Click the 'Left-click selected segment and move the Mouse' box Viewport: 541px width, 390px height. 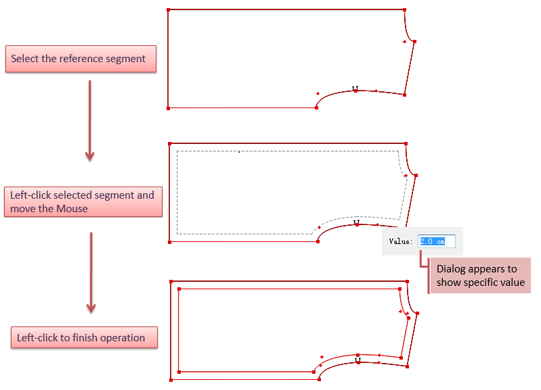point(83,201)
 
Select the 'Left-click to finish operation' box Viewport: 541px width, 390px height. point(84,337)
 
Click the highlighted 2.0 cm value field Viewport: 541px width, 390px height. point(437,241)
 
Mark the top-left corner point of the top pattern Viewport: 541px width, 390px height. point(168,10)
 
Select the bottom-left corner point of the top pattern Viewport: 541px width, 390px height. point(168,107)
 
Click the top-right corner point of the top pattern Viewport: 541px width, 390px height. point(405,10)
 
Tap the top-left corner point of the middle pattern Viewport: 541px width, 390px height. point(169,144)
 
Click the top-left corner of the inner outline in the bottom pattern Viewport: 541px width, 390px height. point(179,289)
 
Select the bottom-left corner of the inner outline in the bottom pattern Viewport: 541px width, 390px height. point(179,371)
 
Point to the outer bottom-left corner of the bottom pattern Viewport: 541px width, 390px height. point(170,381)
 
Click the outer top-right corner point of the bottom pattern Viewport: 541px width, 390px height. point(408,281)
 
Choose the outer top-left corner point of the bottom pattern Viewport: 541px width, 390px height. point(171,281)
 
